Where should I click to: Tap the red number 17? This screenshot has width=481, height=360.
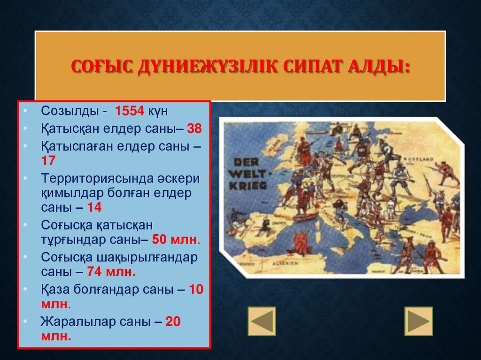click(x=48, y=161)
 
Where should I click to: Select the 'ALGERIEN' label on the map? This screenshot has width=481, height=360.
click(x=287, y=264)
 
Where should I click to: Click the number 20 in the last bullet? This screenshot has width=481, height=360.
click(x=173, y=322)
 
